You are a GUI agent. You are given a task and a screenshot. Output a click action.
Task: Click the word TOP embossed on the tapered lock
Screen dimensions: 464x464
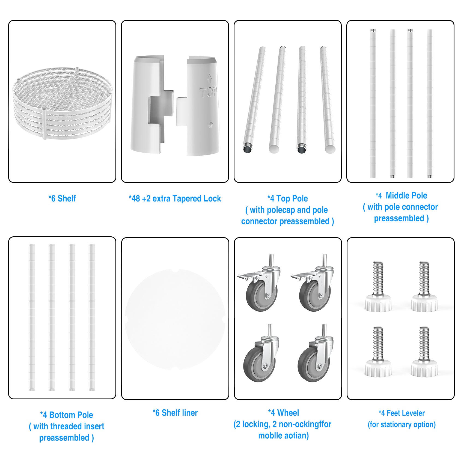[x=209, y=92]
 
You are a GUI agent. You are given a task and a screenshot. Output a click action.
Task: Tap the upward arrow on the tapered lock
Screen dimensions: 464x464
[x=210, y=78]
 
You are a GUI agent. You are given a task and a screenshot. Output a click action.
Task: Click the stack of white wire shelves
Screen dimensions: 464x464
[x=62, y=103]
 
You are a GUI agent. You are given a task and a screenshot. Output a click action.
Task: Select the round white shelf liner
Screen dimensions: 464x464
[x=175, y=319]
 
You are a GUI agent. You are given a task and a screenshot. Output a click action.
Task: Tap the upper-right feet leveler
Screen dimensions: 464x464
[x=424, y=287]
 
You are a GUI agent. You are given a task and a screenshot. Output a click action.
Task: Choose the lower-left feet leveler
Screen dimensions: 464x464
[x=378, y=352]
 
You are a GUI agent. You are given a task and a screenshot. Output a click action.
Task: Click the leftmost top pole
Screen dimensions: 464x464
[x=254, y=100]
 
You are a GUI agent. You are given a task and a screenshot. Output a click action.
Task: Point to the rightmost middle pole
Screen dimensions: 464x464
[x=430, y=104]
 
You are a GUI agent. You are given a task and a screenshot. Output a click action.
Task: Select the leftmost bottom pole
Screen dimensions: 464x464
[x=32, y=317]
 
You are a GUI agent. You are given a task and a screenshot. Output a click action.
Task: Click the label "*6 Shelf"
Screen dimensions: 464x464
[x=62, y=198]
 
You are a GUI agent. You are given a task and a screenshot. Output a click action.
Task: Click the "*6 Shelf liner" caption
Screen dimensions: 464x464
[x=175, y=413]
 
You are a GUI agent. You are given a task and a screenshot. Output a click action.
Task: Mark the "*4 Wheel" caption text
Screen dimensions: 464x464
[x=284, y=413]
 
